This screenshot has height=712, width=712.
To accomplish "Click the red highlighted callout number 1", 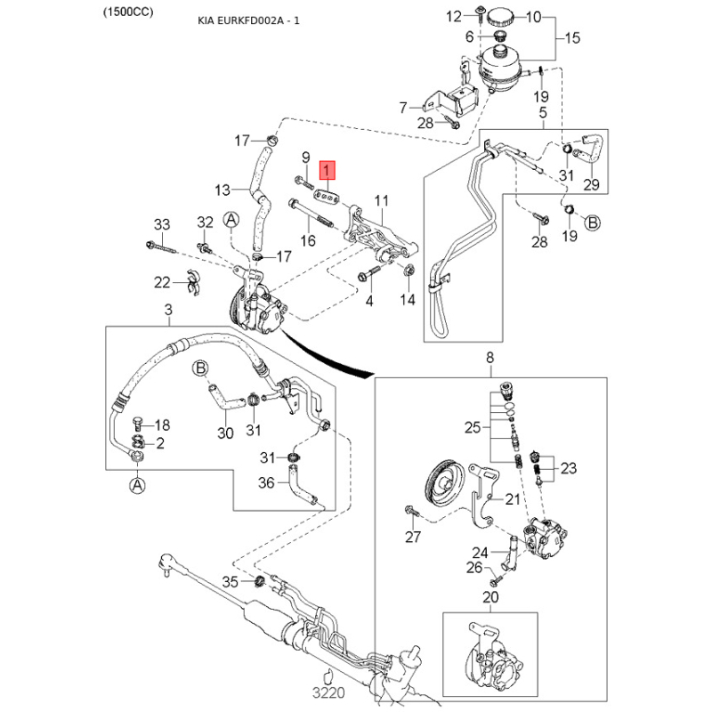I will [x=328, y=169].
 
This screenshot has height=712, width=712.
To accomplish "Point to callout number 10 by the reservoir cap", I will [x=533, y=16].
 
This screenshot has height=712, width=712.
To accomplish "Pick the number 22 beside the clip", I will [x=161, y=282].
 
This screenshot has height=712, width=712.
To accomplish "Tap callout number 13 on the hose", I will [x=222, y=189].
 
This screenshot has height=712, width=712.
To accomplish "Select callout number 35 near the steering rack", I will [x=230, y=582].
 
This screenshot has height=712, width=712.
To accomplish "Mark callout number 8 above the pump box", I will [x=489, y=358].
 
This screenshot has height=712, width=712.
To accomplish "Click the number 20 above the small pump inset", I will [x=489, y=597].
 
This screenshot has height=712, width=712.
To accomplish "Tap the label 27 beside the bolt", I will [x=413, y=537].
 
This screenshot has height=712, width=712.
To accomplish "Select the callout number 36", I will [x=265, y=483].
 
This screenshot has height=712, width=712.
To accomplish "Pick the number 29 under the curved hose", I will [x=591, y=185].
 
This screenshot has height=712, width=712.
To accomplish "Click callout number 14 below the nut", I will [x=408, y=300].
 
